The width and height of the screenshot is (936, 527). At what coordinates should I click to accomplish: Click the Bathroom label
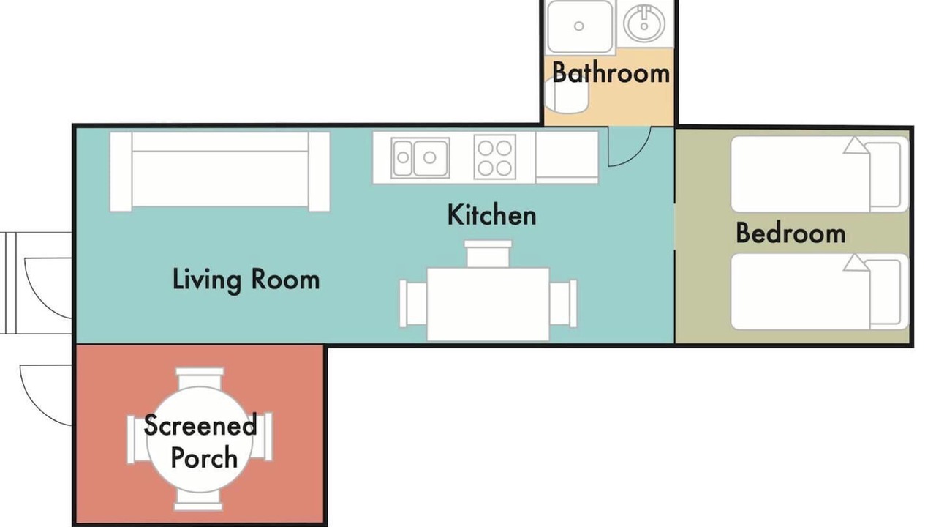[x=611, y=72]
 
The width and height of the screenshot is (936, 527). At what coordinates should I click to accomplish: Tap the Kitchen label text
[x=492, y=215]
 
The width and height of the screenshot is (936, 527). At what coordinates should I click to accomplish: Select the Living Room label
[x=246, y=280]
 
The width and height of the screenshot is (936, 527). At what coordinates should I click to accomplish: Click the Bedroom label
[x=790, y=233]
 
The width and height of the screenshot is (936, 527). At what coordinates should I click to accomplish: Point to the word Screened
[x=200, y=425]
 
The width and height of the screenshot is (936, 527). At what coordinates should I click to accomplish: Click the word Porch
[x=204, y=457]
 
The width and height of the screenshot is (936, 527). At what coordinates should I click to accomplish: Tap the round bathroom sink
[x=644, y=24]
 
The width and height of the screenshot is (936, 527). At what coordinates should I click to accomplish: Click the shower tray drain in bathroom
[x=578, y=26]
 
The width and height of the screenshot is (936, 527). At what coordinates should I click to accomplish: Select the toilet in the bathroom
[x=567, y=97]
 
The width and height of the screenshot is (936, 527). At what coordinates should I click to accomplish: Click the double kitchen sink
[x=420, y=157]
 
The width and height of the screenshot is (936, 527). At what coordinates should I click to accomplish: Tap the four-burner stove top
[x=495, y=157]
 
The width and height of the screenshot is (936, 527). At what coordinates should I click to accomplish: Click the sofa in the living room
[x=220, y=172]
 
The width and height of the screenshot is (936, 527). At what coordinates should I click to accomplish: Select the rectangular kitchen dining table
[x=488, y=304]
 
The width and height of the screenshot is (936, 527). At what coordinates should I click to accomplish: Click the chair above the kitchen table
[x=488, y=254]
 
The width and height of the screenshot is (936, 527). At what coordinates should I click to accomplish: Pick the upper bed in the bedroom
[x=820, y=174]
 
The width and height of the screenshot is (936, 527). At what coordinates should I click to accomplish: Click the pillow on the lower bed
[x=885, y=292]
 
